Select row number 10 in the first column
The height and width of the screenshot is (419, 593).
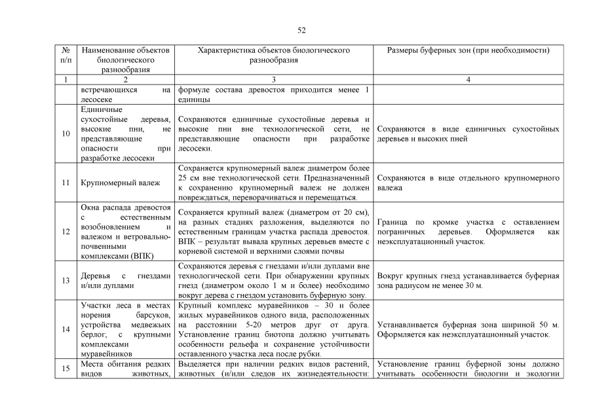pyautogui.click(x=66, y=134)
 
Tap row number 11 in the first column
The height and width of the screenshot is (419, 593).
pyautogui.click(x=66, y=183)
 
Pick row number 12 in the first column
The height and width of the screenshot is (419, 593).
pyautogui.click(x=66, y=231)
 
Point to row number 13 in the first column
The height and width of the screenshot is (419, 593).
pyautogui.click(x=66, y=281)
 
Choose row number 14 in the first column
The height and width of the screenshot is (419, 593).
pyautogui.click(x=66, y=329)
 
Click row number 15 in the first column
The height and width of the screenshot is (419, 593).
pyautogui.click(x=66, y=369)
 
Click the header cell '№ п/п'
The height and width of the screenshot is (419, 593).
pyautogui.click(x=66, y=55)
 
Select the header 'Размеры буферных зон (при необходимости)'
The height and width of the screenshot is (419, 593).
pyautogui.click(x=468, y=50)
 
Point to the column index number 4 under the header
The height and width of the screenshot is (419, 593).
pyautogui.click(x=468, y=79)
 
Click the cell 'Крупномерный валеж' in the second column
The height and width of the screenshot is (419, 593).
pyautogui.click(x=117, y=183)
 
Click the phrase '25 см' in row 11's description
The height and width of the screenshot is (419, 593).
pyautogui.click(x=187, y=177)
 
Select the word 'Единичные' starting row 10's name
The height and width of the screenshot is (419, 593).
pyautogui.click(x=102, y=109)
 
